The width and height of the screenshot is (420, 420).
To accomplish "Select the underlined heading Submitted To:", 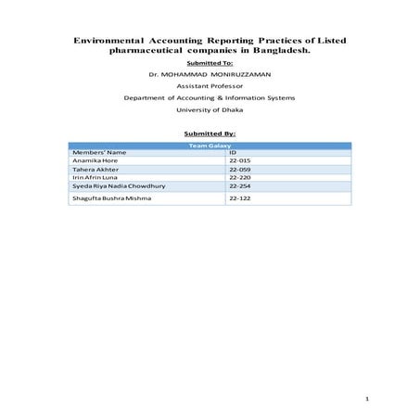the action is click(210, 63).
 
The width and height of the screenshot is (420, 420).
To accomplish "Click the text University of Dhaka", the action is click(210, 109).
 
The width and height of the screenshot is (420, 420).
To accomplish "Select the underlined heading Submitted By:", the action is click(210, 133).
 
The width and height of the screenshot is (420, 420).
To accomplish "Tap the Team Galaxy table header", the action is click(210, 146).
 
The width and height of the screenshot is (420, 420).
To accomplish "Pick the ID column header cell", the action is click(234, 152).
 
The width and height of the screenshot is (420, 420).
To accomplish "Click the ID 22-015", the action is click(240, 160).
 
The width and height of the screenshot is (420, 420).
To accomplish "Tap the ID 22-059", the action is click(240, 170).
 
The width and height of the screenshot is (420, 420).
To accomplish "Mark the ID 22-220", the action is click(240, 178).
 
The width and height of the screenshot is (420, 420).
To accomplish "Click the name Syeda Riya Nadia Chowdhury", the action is click(117, 186).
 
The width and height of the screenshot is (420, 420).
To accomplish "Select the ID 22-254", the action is click(240, 186).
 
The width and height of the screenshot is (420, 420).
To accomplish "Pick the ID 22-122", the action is click(240, 198).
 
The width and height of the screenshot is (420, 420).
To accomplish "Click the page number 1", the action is click(368, 400).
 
